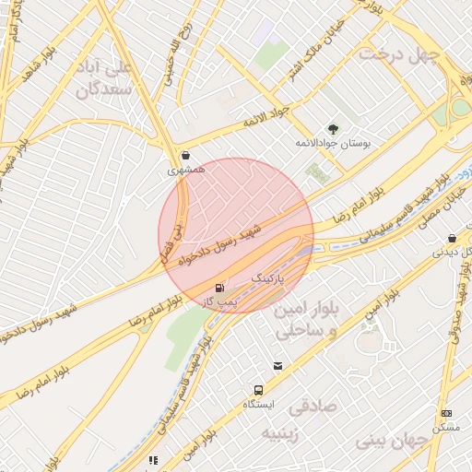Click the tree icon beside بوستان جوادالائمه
[333, 129]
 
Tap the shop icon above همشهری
[187, 156]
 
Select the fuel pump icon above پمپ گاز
[218, 287]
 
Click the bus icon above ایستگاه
[259, 390]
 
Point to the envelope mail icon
[277, 367]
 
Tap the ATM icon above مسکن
[447, 413]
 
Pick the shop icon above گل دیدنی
[451, 237]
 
